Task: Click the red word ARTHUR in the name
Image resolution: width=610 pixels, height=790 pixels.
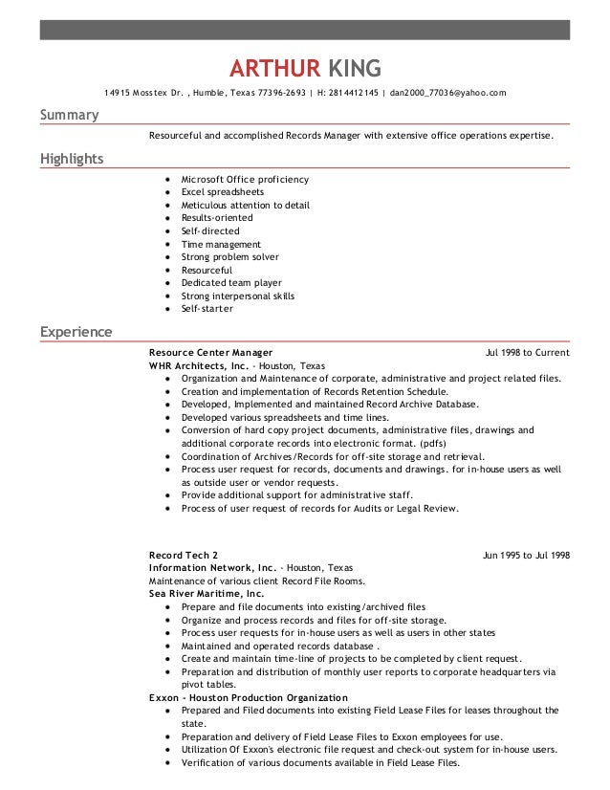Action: tap(274, 68)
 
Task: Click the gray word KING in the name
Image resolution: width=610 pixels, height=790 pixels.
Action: tap(355, 68)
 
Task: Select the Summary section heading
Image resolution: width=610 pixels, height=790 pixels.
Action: tap(69, 116)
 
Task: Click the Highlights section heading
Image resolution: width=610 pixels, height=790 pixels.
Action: tap(72, 159)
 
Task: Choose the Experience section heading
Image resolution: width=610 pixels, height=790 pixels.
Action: tap(76, 333)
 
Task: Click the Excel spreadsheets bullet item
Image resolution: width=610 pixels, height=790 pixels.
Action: tap(222, 192)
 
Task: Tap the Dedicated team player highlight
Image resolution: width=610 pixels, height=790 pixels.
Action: tap(231, 283)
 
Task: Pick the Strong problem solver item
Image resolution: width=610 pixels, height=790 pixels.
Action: tap(229, 257)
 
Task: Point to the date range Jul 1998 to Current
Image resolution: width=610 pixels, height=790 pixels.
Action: tap(527, 353)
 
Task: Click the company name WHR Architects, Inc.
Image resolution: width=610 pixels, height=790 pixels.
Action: tap(199, 365)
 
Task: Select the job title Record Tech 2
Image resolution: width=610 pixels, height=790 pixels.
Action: tap(184, 556)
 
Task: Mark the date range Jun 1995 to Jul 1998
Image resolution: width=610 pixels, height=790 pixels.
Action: tap(526, 556)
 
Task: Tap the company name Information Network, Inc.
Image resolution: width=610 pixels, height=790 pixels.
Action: tap(212, 568)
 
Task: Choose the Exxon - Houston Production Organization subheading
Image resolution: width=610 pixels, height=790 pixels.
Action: tap(249, 697)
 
